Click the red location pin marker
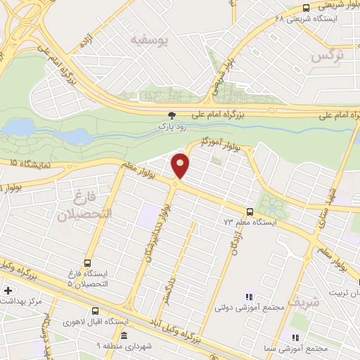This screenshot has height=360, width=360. point(181,165)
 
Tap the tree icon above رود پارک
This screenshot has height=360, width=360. point(172,115)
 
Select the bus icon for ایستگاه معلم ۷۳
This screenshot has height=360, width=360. point(250,211)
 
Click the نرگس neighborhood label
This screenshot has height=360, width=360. point(328,55)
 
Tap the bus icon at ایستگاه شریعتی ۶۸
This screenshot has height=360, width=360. point(304,8)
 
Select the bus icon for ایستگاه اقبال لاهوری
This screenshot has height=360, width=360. point(96,311)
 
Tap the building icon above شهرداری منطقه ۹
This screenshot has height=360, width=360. point(124,336)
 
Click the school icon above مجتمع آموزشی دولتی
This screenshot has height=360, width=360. point(247,298)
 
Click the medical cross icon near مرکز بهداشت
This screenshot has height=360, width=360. point(8,290)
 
